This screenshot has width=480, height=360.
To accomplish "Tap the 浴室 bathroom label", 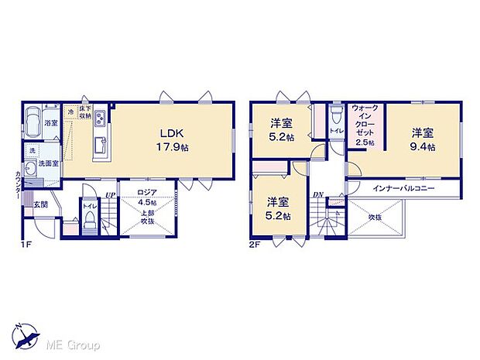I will pyautogui.click(x=51, y=123).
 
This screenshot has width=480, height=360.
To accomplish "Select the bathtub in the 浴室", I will pyautogui.click(x=33, y=122).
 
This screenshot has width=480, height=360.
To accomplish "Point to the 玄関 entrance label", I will pyautogui.click(x=40, y=205).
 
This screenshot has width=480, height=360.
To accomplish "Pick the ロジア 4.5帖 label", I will pyautogui.click(x=147, y=199).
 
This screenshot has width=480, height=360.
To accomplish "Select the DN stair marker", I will pyautogui.click(x=318, y=195).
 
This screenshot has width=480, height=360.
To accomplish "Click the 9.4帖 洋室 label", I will pyautogui.click(x=423, y=138).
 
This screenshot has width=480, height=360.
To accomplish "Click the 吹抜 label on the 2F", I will pyautogui.click(x=375, y=218).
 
